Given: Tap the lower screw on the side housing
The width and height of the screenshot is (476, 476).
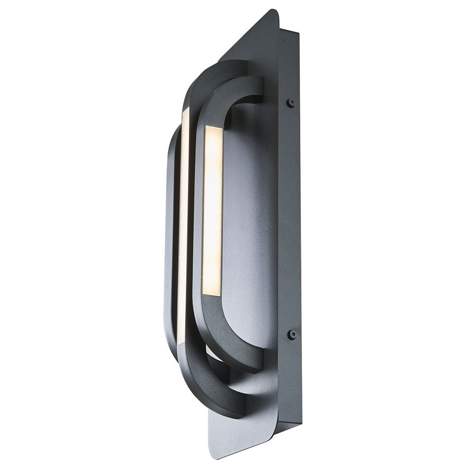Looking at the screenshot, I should [x=290, y=334].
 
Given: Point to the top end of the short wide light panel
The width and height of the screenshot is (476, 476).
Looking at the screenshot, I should [x=214, y=129].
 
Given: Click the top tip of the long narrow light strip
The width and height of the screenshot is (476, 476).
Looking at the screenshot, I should [x=186, y=111].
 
